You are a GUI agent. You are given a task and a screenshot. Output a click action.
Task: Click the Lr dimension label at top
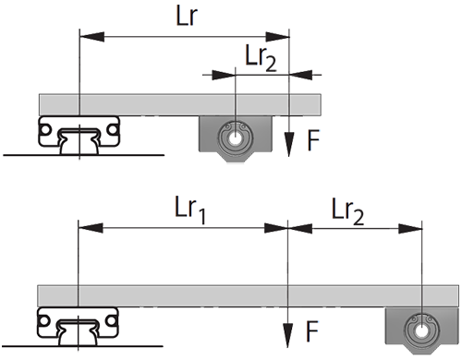click(187, 16)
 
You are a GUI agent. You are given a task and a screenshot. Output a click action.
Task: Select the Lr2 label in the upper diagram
click(261, 58)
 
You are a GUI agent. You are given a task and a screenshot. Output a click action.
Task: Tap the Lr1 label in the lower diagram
click(190, 210)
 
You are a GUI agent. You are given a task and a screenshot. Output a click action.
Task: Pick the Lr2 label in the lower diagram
click(347, 211)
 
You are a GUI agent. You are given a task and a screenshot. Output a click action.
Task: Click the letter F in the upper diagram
click(313, 139)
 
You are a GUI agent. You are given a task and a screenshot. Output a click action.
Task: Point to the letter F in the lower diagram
click(311, 331)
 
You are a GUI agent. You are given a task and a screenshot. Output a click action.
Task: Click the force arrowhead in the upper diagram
click(288, 145)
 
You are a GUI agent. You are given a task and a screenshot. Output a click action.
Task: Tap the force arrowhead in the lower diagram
click(287, 336)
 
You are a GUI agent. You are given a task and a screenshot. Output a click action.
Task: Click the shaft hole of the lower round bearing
click(421, 331)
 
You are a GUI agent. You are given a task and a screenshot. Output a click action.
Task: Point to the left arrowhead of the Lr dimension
click(91, 37)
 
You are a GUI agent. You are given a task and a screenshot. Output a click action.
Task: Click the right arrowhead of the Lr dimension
click(277, 37)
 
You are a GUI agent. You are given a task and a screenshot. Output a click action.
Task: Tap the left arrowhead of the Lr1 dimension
click(91, 228)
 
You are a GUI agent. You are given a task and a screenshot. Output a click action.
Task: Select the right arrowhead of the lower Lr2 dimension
click(410, 229)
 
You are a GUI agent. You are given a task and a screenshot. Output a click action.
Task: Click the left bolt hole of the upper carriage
click(45, 130)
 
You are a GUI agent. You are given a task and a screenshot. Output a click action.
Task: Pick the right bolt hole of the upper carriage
click(113, 130)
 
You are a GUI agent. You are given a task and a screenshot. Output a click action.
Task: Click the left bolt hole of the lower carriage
click(43, 321)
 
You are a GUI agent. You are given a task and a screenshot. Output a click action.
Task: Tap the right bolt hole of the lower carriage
click(111, 321)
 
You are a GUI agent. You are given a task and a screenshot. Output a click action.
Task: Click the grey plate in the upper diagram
click(180, 105)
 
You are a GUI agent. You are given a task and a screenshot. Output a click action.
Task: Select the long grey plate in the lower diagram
click(249, 296)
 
